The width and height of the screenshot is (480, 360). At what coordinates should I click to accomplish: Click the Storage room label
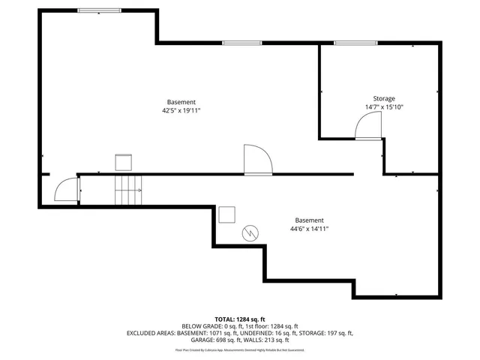click(384, 98)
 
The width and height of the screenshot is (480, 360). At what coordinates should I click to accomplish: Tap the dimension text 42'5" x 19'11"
click(181, 110)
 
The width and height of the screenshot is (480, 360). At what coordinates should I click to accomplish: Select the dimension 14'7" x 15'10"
click(384, 106)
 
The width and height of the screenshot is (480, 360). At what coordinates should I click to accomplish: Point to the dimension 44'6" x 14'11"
click(309, 229)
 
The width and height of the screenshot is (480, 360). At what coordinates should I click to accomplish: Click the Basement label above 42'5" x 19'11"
click(181, 102)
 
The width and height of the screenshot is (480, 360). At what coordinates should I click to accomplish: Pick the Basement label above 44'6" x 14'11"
click(309, 220)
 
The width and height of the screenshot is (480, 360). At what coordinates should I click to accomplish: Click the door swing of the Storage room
click(367, 130)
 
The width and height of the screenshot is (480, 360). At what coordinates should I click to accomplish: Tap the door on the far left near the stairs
click(67, 189)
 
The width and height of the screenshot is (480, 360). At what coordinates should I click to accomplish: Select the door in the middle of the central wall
click(257, 160)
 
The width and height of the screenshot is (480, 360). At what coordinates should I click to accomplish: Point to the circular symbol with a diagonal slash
click(250, 233)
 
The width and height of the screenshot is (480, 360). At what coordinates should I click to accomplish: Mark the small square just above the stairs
click(123, 162)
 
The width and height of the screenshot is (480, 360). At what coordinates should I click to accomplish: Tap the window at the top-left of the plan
click(99, 10)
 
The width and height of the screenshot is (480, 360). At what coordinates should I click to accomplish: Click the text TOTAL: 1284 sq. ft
click(239, 319)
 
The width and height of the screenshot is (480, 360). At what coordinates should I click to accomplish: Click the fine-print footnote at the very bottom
click(239, 349)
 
